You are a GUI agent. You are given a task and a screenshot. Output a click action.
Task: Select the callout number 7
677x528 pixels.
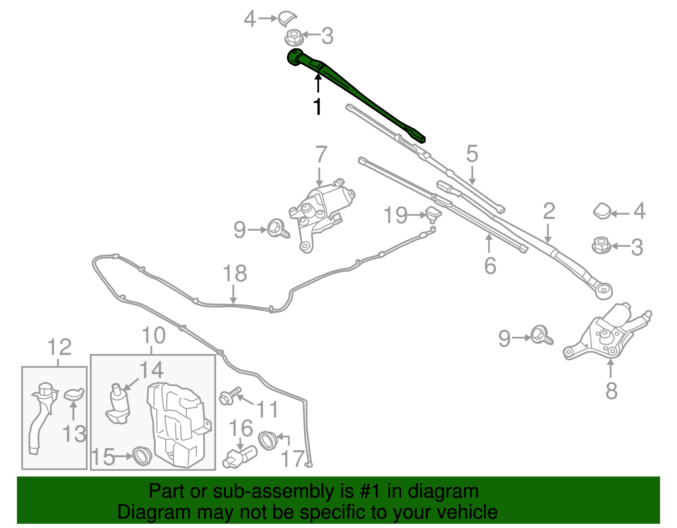tap(321, 155)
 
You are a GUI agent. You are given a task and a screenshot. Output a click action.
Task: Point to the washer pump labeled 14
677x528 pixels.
tap(118, 406)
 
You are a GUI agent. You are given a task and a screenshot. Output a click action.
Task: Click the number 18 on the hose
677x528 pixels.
tap(234, 274)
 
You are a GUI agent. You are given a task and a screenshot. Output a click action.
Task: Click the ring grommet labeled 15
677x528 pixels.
tap(142, 456)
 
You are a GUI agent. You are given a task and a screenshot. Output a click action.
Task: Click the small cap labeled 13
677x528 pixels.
tap(74, 394)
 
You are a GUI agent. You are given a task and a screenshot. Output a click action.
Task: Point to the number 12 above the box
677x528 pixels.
tap(59, 347)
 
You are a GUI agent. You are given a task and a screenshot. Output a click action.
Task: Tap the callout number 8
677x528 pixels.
tap(611, 391)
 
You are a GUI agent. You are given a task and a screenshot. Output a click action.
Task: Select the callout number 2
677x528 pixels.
tap(549, 211)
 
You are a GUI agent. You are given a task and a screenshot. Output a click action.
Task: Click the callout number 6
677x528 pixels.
tap(490, 265)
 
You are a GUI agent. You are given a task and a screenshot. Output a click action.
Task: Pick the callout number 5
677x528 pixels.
tap(472, 154)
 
